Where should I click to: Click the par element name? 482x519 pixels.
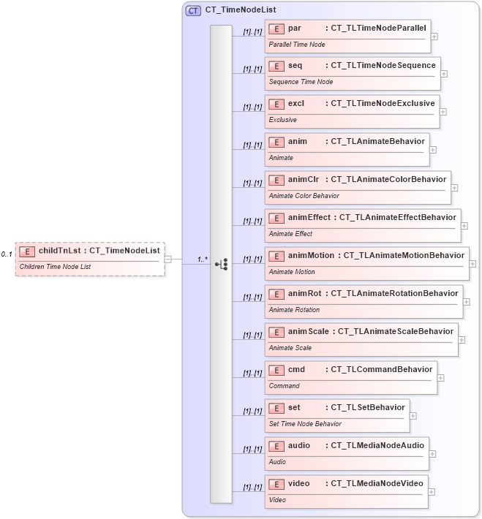coord(295,28)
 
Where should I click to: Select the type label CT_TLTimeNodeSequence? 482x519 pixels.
coord(383,66)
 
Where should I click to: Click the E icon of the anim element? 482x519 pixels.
coord(276,142)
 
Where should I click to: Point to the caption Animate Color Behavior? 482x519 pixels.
coord(304,196)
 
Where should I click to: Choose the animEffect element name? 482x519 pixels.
coord(309,218)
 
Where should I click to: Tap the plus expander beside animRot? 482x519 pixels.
coord(467,302)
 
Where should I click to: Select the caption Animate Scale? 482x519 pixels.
coord(290,348)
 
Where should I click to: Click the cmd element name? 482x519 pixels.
coord(296,370)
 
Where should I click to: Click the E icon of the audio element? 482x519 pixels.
coord(276,446)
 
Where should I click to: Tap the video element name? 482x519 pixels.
coord(299,484)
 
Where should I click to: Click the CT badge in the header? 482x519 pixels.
coord(193,11)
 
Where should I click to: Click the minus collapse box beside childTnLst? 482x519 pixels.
coord(168,258)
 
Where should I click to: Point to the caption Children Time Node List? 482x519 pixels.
coord(55,267)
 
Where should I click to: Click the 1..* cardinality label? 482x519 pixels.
coord(203,259)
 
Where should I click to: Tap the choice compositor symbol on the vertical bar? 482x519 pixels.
coord(221,265)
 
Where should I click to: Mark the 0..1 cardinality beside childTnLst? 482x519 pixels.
coord(7,254)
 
